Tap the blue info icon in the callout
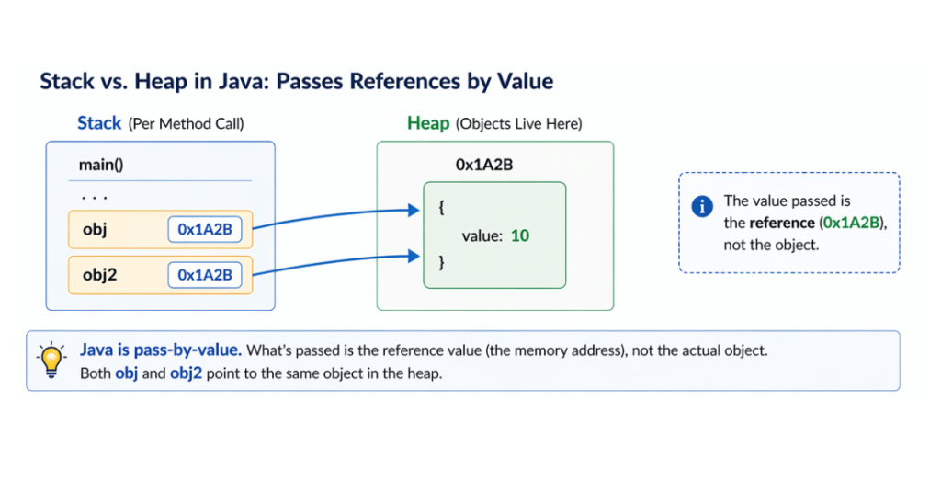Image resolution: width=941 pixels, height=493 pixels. [702, 207]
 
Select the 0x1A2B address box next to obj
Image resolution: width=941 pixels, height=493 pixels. [204, 230]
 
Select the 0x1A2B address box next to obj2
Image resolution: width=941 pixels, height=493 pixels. [204, 274]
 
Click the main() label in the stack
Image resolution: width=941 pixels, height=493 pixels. [101, 165]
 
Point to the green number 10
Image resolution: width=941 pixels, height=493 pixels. [520, 235]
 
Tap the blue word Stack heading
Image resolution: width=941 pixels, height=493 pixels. [99, 123]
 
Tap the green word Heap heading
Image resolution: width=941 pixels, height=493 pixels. [428, 123]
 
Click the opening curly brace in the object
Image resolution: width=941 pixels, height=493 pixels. [441, 209]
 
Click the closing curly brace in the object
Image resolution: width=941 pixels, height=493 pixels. [441, 262]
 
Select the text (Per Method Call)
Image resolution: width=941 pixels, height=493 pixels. [186, 124]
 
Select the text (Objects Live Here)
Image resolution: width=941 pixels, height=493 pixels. [519, 124]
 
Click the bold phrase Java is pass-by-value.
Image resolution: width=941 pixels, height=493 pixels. [161, 350]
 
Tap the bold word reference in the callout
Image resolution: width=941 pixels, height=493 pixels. [781, 223]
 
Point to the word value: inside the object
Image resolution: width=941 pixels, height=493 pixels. [482, 236]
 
